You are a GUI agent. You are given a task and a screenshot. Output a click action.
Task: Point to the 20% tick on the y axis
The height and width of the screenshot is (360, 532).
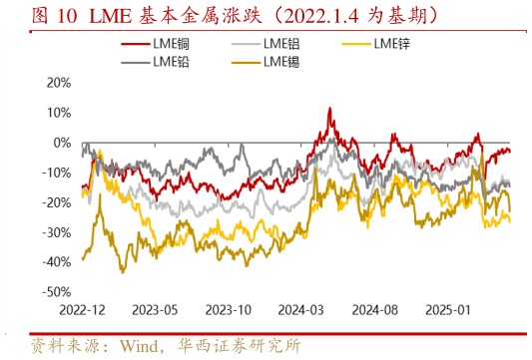tap(59, 83)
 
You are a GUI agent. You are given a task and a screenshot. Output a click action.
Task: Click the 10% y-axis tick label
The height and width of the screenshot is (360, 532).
tap(59, 113)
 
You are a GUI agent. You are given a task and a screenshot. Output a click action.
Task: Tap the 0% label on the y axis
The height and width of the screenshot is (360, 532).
tap(63, 143)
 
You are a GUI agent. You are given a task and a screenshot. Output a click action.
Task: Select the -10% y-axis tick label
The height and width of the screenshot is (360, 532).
tap(57, 173)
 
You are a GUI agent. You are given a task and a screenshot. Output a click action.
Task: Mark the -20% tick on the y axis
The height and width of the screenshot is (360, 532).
tap(57, 202)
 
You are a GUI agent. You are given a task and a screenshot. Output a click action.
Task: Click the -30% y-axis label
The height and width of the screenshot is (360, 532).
tap(57, 232)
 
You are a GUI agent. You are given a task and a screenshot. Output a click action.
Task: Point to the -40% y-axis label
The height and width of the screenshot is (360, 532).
tap(57, 262)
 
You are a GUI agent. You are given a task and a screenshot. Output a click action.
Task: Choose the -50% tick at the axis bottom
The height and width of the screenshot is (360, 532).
tap(57, 292)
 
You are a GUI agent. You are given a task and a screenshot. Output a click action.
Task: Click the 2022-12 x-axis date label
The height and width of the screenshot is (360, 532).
tap(82, 310)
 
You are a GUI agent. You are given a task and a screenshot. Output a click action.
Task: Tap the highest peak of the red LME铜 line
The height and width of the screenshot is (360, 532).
tap(330, 108)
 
